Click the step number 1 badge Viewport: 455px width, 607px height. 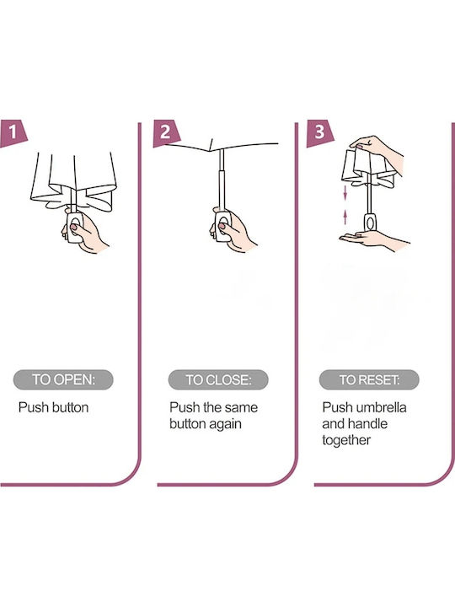tap(13, 133)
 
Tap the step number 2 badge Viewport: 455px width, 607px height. tap(166, 133)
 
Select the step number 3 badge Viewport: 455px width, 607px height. tap(319, 133)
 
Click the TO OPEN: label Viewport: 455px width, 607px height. tap(63, 379)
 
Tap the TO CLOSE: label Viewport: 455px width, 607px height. tap(218, 379)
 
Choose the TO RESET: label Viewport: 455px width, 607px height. tap(369, 379)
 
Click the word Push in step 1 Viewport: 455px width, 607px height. tap(34, 407)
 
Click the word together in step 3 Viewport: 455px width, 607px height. tap(346, 441)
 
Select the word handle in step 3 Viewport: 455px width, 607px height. tap(369, 423)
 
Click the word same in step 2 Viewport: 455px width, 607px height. tap(241, 408)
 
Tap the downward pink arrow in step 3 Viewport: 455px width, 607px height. tap(345, 193)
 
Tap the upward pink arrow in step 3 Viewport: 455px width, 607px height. tap(345, 218)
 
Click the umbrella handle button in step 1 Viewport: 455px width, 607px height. tap(74, 225)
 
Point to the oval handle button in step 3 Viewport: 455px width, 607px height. tap(370, 223)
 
